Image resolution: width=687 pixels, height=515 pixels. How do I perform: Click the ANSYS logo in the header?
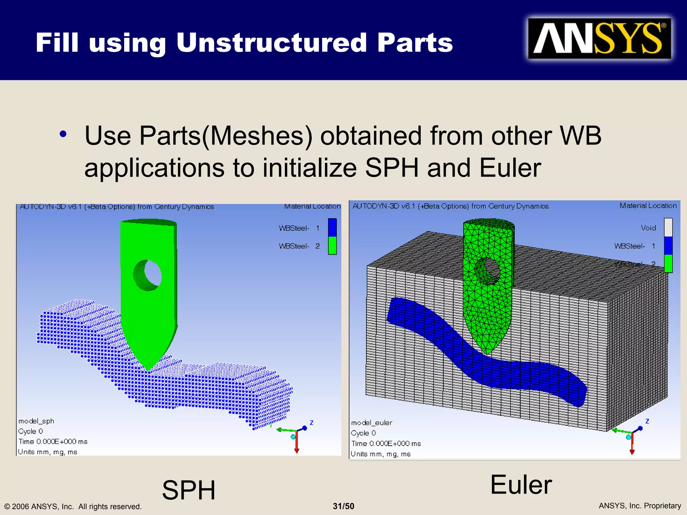click(x=599, y=39)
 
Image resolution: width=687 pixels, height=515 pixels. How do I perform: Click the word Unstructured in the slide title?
click(x=271, y=43)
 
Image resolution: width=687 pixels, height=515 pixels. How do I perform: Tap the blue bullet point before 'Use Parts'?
click(x=63, y=134)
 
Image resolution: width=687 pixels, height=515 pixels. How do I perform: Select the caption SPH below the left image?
click(x=189, y=490)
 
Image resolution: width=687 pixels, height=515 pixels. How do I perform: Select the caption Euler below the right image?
click(x=521, y=485)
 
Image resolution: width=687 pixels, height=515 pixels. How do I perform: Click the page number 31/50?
click(x=343, y=506)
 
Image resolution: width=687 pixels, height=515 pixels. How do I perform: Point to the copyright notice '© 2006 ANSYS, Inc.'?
click(x=73, y=506)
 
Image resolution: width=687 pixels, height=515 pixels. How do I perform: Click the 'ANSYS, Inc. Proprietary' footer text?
click(x=640, y=506)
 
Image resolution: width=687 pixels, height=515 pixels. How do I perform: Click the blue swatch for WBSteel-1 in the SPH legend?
click(x=332, y=228)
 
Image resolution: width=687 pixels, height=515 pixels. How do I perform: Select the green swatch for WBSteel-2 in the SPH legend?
click(x=332, y=246)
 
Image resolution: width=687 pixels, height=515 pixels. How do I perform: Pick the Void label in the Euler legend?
click(x=648, y=228)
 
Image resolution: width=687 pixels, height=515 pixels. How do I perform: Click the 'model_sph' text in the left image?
click(x=36, y=421)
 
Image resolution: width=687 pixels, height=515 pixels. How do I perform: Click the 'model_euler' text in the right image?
click(x=372, y=423)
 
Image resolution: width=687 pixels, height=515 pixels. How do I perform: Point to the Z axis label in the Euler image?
click(x=647, y=421)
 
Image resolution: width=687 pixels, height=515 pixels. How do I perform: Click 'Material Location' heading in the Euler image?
click(x=648, y=206)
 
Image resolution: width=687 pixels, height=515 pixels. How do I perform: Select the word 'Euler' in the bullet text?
click(x=510, y=168)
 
